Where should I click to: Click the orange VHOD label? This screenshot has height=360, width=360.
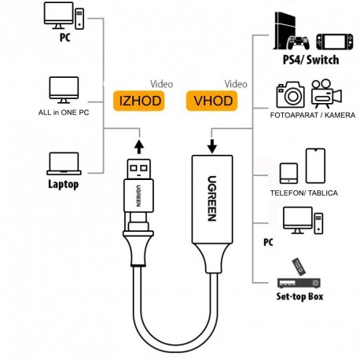click(210, 101)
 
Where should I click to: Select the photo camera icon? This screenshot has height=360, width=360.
click(290, 95)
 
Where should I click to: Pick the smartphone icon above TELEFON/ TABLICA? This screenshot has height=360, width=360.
click(315, 164)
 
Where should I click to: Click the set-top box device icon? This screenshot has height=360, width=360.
click(298, 280)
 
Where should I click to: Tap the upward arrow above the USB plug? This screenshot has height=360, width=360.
click(138, 146)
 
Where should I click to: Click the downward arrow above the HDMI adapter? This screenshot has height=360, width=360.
click(212, 146)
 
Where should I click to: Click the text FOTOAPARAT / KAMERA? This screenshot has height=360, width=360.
click(310, 116)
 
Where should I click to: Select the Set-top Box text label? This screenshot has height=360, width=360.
click(299, 297)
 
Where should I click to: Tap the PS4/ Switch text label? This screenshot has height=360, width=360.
click(310, 60)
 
